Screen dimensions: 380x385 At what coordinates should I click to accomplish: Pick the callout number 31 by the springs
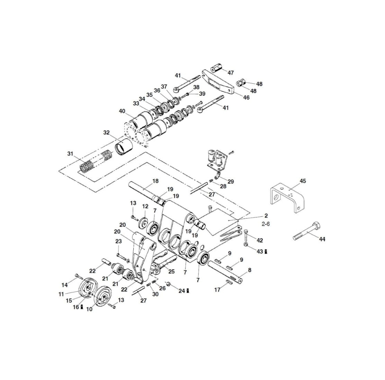click(x=70, y=154)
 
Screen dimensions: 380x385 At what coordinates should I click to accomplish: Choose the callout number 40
click(x=122, y=111)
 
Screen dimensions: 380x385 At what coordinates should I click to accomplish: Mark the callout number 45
click(x=303, y=181)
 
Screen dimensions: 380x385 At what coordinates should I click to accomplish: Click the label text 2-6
click(x=265, y=224)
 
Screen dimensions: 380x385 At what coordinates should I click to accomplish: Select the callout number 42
click(x=260, y=240)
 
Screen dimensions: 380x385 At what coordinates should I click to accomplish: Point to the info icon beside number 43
click(x=266, y=252)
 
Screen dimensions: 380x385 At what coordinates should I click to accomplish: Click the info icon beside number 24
click(x=188, y=291)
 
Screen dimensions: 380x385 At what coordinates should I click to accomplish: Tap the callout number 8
click(x=249, y=270)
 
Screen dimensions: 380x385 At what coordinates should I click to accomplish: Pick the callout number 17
click(x=217, y=290)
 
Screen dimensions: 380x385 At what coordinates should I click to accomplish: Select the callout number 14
click(x=65, y=285)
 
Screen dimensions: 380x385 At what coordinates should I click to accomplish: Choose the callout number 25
click(x=171, y=272)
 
